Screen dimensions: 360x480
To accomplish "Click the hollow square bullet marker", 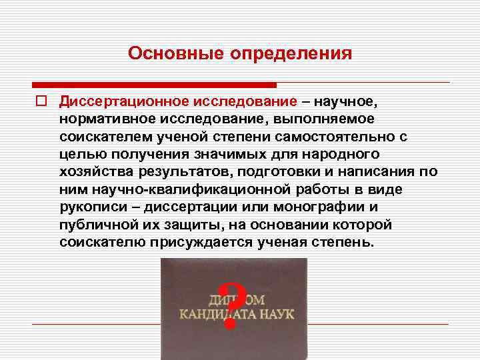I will point(40,101).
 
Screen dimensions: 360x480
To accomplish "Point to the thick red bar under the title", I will point(154,85).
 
